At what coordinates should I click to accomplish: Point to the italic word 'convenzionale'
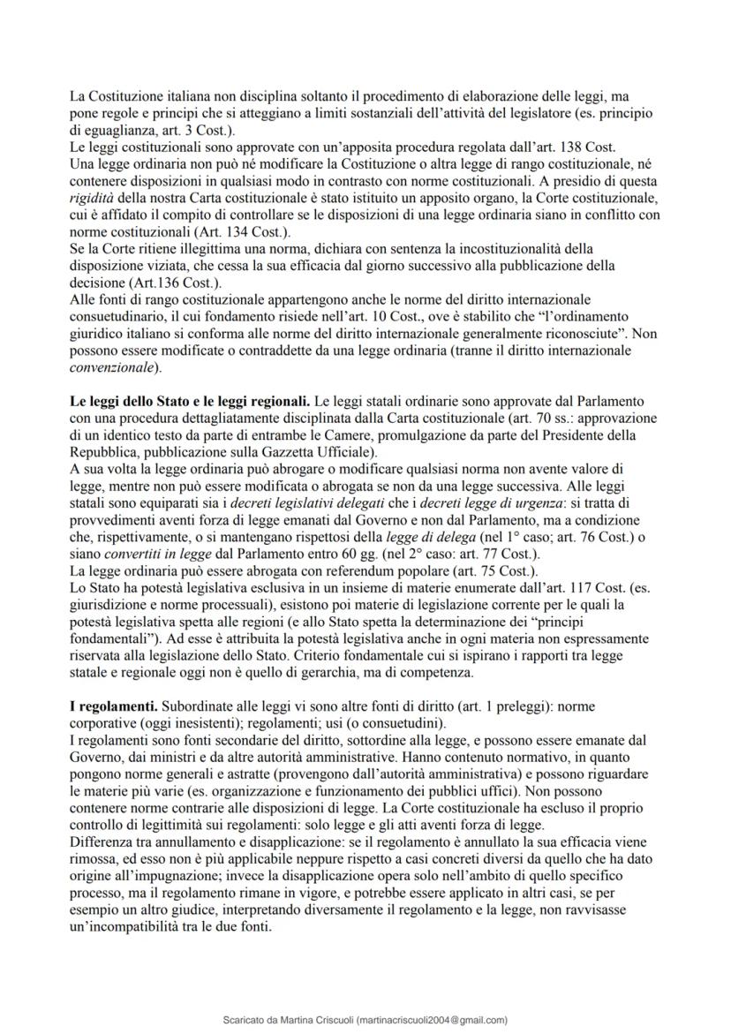[111, 366]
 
